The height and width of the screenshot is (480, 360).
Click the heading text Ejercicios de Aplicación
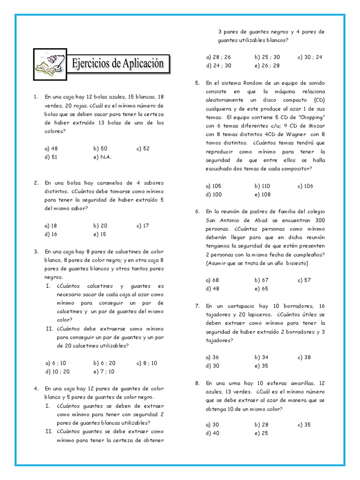coord(118,63)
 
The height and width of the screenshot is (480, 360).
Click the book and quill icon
coord(51,63)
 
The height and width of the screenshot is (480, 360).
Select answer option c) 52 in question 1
coord(143,149)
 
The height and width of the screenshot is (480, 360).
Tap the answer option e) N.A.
coord(102,157)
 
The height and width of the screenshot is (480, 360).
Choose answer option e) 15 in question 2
coord(100,234)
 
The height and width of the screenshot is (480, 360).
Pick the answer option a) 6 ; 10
coord(55,363)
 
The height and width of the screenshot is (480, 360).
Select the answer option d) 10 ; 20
coord(57,371)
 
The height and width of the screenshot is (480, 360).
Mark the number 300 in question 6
coord(320,220)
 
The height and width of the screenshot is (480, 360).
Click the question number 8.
coord(198,383)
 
